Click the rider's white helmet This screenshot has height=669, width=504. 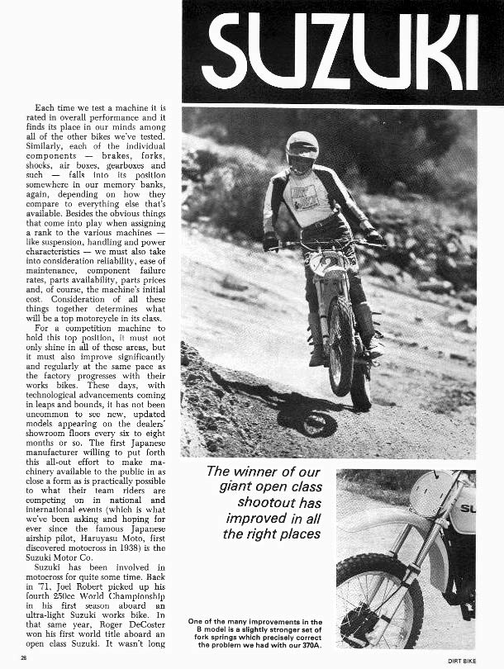point(302,149)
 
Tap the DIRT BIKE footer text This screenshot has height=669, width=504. point(479,658)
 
